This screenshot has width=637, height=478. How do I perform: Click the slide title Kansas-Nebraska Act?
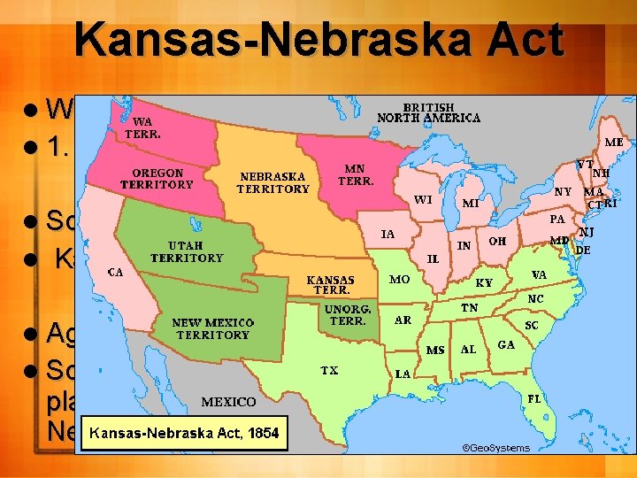[x=318, y=40]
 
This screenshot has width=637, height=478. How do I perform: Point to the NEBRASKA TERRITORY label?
[x=273, y=182]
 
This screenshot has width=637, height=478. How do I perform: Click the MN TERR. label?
[x=357, y=174]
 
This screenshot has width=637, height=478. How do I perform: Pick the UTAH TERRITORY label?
[x=186, y=251]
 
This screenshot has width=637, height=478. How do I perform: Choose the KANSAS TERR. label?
[x=331, y=284]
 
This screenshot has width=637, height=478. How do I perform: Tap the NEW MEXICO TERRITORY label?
[x=211, y=328]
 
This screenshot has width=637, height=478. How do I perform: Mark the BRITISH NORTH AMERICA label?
[x=429, y=111]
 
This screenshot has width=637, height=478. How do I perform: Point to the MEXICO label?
[x=229, y=401]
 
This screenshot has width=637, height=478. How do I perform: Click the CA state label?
[x=115, y=272]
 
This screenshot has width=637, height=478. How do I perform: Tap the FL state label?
[x=533, y=398]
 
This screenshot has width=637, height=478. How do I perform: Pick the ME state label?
[x=613, y=141]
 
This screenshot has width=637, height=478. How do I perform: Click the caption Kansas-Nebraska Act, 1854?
[x=182, y=433]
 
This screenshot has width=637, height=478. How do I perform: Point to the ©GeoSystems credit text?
[x=496, y=447]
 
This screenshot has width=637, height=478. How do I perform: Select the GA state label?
[x=507, y=343]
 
